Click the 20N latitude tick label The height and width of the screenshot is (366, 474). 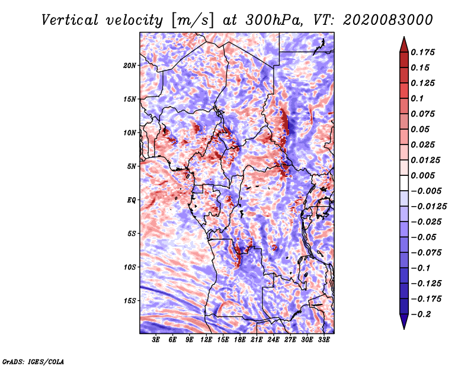(130, 65)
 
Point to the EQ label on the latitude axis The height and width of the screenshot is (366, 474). (132, 200)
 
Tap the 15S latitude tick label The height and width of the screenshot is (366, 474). (130, 301)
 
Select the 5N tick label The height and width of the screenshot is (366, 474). (132, 166)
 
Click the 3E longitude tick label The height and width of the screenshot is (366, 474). (156, 340)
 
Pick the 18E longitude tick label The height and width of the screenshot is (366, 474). (240, 340)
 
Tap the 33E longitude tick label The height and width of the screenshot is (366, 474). (324, 340)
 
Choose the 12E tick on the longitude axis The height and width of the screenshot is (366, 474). (206, 340)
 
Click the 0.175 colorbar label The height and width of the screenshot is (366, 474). (422, 52)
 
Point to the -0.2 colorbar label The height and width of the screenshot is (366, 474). (421, 314)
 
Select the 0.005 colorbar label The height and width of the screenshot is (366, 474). (422, 175)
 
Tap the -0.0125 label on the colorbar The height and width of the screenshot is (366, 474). (428, 207)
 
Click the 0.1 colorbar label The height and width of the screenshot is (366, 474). (417, 98)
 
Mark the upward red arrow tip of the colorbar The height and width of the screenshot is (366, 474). (404, 37)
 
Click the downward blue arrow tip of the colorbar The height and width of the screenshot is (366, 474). (404, 329)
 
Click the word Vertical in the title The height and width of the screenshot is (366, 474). (70, 20)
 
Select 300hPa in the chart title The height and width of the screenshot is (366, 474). (273, 20)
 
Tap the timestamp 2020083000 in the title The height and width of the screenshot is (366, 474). (388, 20)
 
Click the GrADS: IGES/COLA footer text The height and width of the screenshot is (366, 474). (33, 362)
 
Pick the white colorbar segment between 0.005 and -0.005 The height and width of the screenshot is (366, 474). (404, 183)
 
